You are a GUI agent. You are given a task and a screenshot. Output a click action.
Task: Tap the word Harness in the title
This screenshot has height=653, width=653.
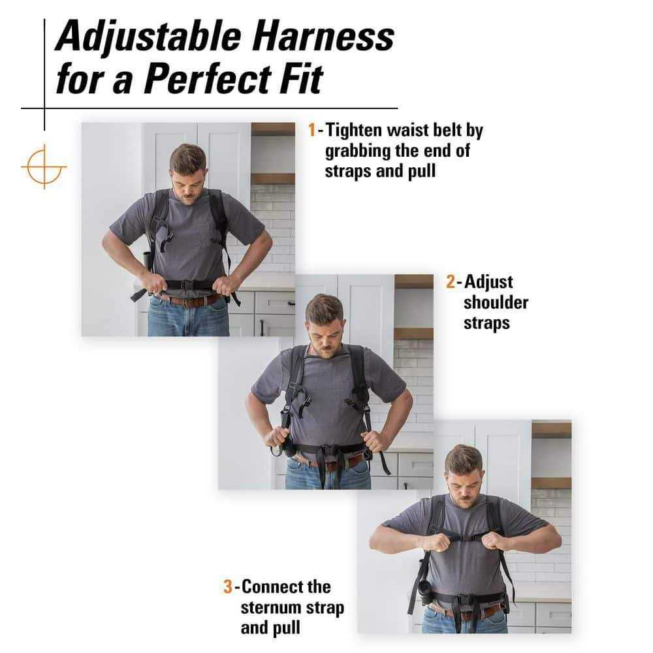click(x=323, y=37)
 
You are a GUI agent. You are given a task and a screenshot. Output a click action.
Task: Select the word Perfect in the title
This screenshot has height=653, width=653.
click(x=207, y=78)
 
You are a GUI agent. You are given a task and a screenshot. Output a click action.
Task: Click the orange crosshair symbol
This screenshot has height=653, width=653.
click(x=44, y=167)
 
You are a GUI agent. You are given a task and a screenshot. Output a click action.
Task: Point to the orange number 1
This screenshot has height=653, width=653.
click(x=312, y=130)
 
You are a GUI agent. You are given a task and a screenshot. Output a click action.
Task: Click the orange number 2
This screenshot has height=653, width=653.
click(x=451, y=282)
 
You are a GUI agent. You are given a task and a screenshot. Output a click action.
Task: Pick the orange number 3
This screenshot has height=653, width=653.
click(x=228, y=587)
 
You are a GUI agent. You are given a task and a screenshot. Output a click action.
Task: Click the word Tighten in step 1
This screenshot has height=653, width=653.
click(x=353, y=131)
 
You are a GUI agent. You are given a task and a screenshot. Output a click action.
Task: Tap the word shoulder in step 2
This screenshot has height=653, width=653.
click(x=496, y=302)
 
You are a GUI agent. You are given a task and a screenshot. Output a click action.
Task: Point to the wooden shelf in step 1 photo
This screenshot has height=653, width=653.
click(x=273, y=179)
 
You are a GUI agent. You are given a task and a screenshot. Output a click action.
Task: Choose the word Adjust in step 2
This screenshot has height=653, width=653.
click(x=488, y=282)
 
